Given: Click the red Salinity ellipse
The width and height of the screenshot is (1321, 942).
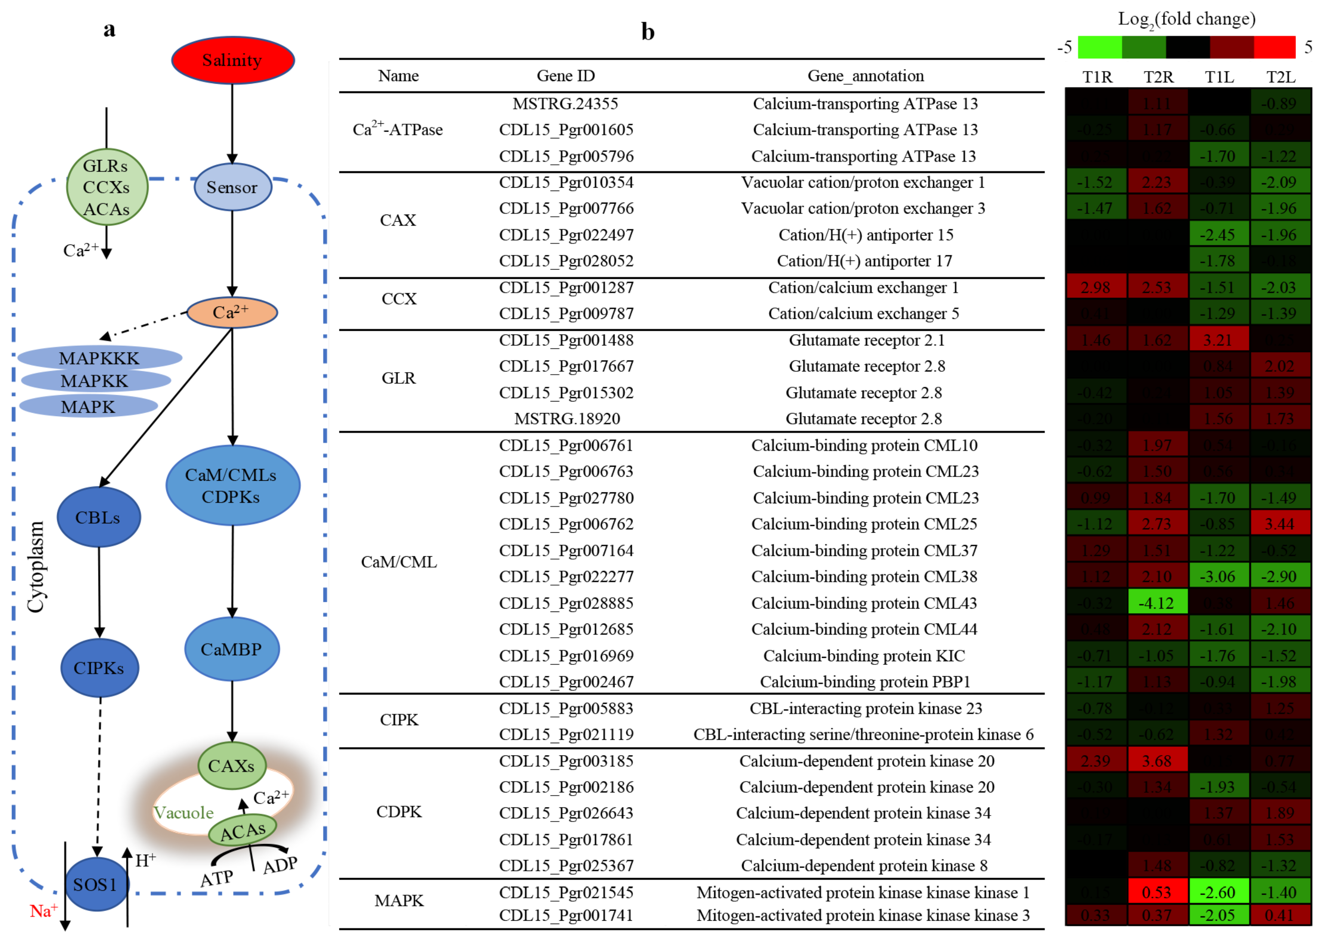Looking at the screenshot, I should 232,60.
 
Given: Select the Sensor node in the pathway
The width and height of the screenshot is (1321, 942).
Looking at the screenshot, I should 232,187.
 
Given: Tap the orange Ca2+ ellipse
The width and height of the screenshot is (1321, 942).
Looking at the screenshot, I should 231,312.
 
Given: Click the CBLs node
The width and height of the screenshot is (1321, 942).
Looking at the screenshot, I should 99,517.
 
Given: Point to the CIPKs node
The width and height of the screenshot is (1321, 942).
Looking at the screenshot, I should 99,668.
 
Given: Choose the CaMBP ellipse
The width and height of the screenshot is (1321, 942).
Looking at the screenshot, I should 231,649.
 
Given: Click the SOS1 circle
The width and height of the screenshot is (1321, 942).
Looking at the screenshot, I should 96,884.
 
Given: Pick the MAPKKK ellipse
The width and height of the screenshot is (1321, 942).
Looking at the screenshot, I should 99,358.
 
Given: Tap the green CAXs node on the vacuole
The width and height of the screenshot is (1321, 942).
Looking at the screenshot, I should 231,766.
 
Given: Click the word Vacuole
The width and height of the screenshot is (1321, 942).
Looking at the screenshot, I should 183,813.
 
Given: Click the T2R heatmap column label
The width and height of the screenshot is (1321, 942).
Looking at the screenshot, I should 1158,77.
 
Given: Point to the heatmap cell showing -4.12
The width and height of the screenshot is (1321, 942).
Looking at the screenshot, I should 1157,603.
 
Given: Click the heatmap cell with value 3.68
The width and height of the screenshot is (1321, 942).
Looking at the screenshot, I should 1157,760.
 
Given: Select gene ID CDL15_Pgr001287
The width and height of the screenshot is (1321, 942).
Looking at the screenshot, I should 566,288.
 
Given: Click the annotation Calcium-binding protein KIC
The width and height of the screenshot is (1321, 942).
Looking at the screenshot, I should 864,655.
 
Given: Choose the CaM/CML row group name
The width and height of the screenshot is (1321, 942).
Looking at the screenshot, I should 399,561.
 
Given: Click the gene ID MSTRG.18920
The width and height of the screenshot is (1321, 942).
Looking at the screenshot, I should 567,419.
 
